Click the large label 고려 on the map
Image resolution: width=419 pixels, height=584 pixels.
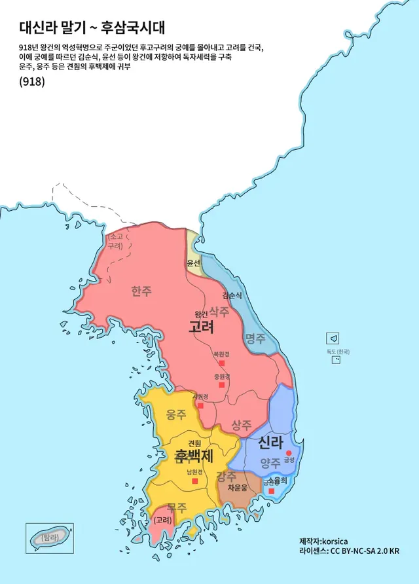click(x=201, y=327)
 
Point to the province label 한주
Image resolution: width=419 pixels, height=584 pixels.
click(x=141, y=291)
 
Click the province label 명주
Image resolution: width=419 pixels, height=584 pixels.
click(x=255, y=338)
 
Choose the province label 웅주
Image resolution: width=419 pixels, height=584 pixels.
click(x=175, y=414)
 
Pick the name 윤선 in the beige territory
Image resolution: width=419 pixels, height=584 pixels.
click(x=193, y=263)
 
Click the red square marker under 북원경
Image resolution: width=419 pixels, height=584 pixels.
click(x=221, y=363)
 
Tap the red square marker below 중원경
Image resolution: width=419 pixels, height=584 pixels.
click(x=221, y=385)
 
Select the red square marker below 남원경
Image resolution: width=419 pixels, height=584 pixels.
click(x=194, y=481)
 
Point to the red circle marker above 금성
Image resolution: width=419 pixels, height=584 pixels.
click(x=288, y=452)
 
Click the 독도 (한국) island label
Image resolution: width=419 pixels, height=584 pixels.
click(x=338, y=352)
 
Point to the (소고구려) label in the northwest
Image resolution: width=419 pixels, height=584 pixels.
click(x=116, y=240)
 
